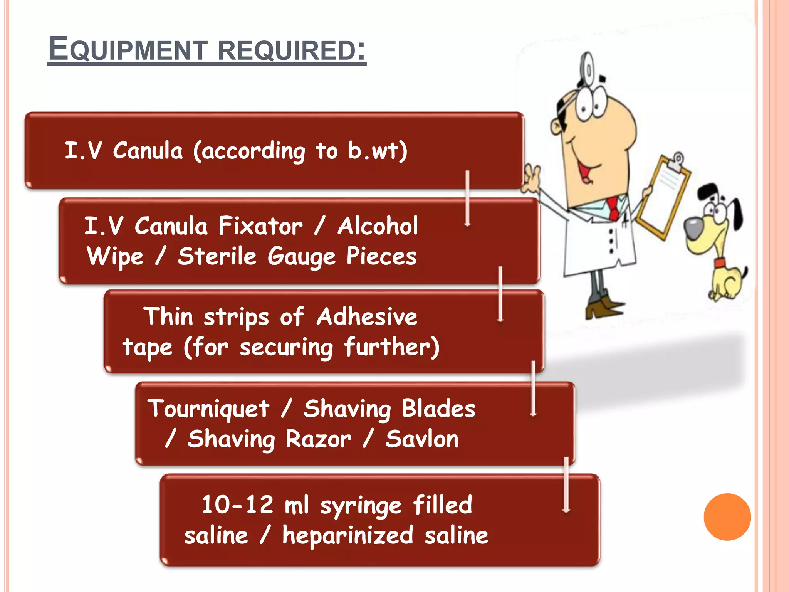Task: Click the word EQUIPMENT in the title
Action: pos(128,49)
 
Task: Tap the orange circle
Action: pos(727,517)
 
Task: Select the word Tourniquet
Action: pos(208,409)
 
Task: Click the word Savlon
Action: pos(422,439)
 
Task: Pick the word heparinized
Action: pos(347,536)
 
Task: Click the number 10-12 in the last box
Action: pos(237,505)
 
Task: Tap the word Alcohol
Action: pos(378,226)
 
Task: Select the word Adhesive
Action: pos(367,317)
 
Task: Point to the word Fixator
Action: pos(260,226)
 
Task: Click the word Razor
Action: pos(318,439)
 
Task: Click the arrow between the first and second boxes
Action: pos(467,198)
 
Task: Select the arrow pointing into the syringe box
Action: pos(566,486)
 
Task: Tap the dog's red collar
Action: pos(719,264)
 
